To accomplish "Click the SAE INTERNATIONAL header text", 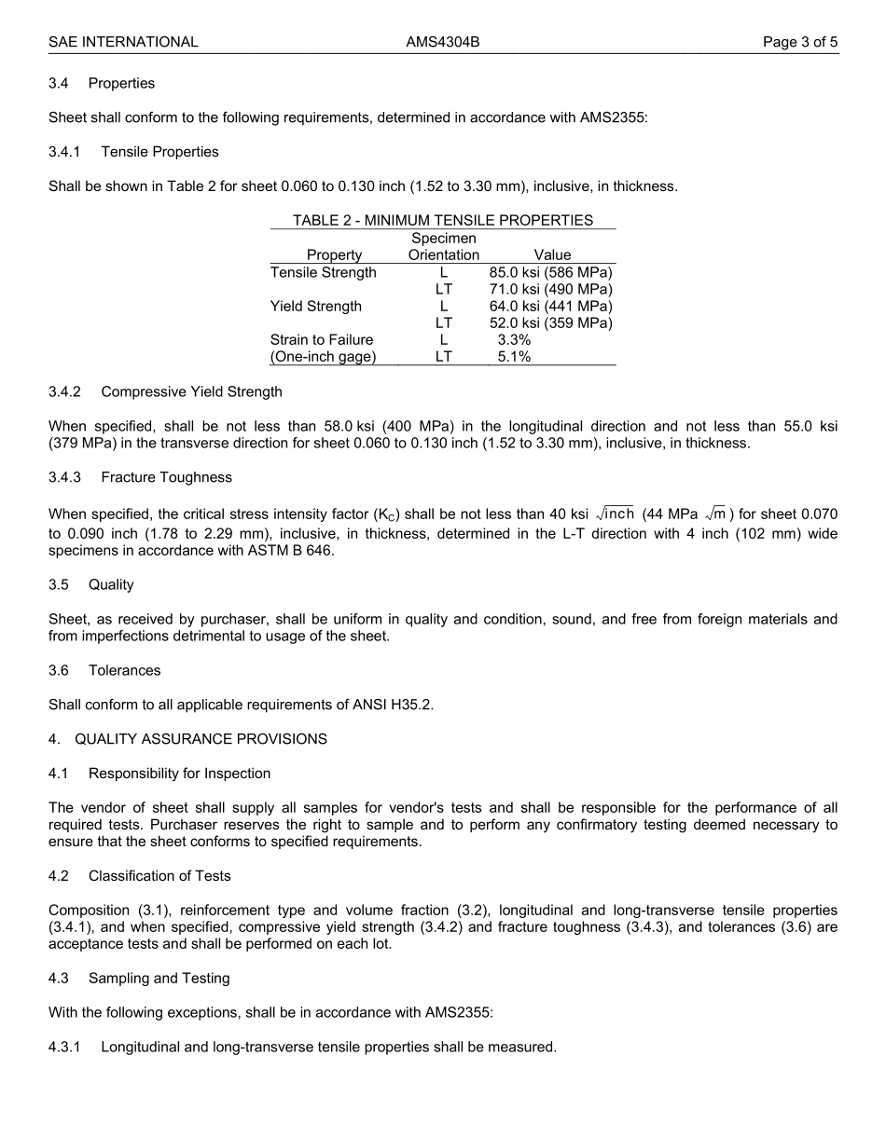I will coord(123,42).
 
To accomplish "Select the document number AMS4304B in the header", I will coord(443,42).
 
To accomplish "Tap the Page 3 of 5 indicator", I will coord(800,42).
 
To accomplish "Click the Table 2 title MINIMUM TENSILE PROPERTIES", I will coord(443,220).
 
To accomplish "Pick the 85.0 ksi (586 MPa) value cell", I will coord(550,272).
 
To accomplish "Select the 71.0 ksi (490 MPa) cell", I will coord(550,289).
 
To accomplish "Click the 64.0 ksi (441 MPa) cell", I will coord(550,306).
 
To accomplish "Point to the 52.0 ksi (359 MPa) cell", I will coord(550,322).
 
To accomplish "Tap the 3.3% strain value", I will coord(514,340).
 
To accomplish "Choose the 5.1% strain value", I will coord(514,357).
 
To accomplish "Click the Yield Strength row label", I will coord(315,306).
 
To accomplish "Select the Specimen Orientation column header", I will coord(444,247).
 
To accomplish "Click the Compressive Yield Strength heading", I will coord(191,391).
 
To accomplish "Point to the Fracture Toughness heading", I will coord(166,477).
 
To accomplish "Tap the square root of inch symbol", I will coord(615,514).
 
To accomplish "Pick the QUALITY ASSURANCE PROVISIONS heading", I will coord(201,739).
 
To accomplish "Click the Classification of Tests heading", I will coord(159,876).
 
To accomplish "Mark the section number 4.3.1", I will coord(64,1047).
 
